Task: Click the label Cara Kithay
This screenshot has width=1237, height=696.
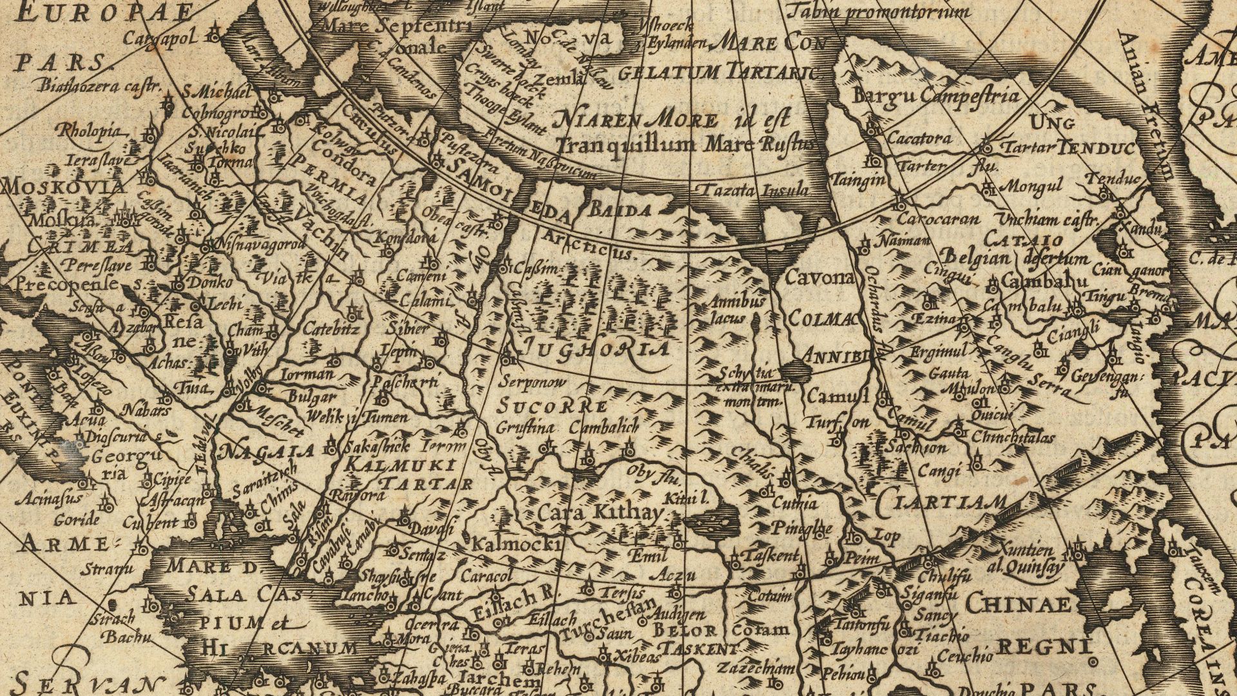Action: [x=599, y=514]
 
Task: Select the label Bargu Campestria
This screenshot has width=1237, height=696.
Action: [x=936, y=96]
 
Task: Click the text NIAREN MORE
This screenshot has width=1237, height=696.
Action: [x=635, y=120]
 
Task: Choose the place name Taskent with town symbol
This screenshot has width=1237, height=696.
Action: [x=770, y=556]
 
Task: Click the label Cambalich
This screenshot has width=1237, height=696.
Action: [x=604, y=427]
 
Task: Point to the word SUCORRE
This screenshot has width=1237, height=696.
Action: [x=552, y=407]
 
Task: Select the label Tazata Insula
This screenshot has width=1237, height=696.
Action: [x=754, y=190]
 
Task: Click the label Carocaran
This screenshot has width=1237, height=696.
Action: [x=938, y=219]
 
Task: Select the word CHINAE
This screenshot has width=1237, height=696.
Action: [x=1017, y=604]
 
